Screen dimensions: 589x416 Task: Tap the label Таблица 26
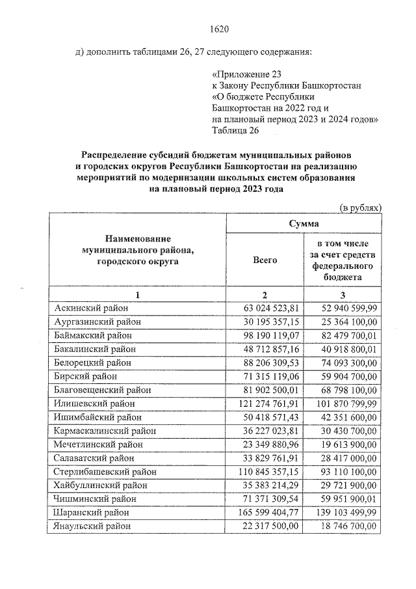(235, 131)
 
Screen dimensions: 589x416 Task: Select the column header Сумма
(304, 223)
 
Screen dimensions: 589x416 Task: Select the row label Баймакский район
(94, 335)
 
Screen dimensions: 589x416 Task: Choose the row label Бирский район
(85, 376)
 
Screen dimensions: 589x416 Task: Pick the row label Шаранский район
(91, 512)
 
